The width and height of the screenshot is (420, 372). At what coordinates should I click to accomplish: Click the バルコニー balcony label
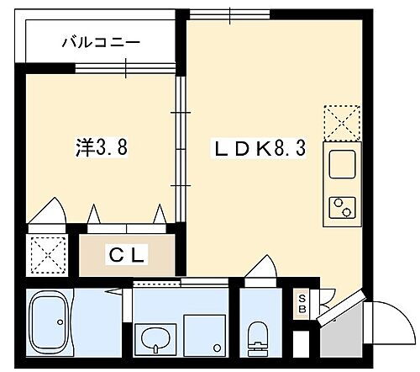(x=99, y=42)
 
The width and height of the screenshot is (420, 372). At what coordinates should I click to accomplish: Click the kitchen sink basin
(x=342, y=164)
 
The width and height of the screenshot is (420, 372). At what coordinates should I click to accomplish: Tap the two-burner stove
(x=342, y=206)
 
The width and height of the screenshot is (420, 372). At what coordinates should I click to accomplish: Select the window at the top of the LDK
(x=228, y=14)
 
